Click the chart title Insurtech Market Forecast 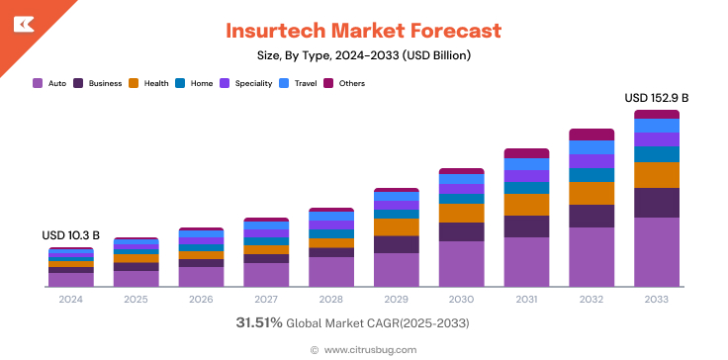pos(363,31)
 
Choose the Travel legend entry pos(299,83)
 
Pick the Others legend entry pos(345,83)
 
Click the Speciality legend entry pos(246,83)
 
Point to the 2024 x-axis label pos(71,300)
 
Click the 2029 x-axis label pos(396,300)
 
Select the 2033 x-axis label pos(656,300)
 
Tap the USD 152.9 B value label pos(656,98)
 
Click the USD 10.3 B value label pos(70,235)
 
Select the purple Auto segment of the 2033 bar pos(656,252)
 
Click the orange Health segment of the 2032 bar pos(591,193)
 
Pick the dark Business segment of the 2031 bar pos(526,226)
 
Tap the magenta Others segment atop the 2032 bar pos(591,135)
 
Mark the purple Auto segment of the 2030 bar pos(461,264)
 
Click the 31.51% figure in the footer pos(259,323)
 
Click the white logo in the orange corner pos(22,22)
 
